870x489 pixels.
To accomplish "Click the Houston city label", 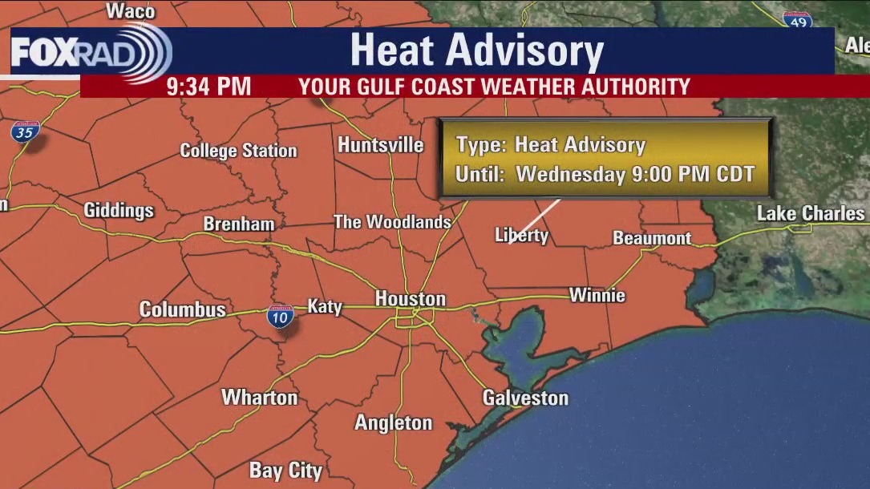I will (x=410, y=299).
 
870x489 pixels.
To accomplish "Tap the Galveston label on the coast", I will (x=525, y=398).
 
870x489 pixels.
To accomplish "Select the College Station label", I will (x=238, y=151).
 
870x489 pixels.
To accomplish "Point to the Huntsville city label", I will (x=380, y=145).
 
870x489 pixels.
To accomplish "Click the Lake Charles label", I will (x=811, y=213).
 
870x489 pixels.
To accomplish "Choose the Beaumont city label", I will (x=652, y=238).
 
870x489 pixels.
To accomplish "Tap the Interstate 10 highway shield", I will (x=281, y=316).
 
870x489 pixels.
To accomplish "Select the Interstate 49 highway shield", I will (x=796, y=21).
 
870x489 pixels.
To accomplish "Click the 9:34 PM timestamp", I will (x=208, y=86).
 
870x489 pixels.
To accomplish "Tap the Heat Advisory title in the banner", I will (x=476, y=51).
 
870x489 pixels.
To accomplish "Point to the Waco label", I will (x=130, y=10).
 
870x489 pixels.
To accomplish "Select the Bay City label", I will (x=285, y=471).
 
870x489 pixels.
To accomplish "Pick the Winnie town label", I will (x=597, y=295).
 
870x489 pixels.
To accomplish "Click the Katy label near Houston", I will (x=325, y=306).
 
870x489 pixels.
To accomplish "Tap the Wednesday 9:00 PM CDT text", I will (x=635, y=174).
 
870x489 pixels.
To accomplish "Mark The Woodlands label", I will (x=392, y=222).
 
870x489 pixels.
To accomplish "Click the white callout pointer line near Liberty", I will (x=536, y=221).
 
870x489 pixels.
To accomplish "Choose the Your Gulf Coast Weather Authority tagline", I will (x=494, y=86).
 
